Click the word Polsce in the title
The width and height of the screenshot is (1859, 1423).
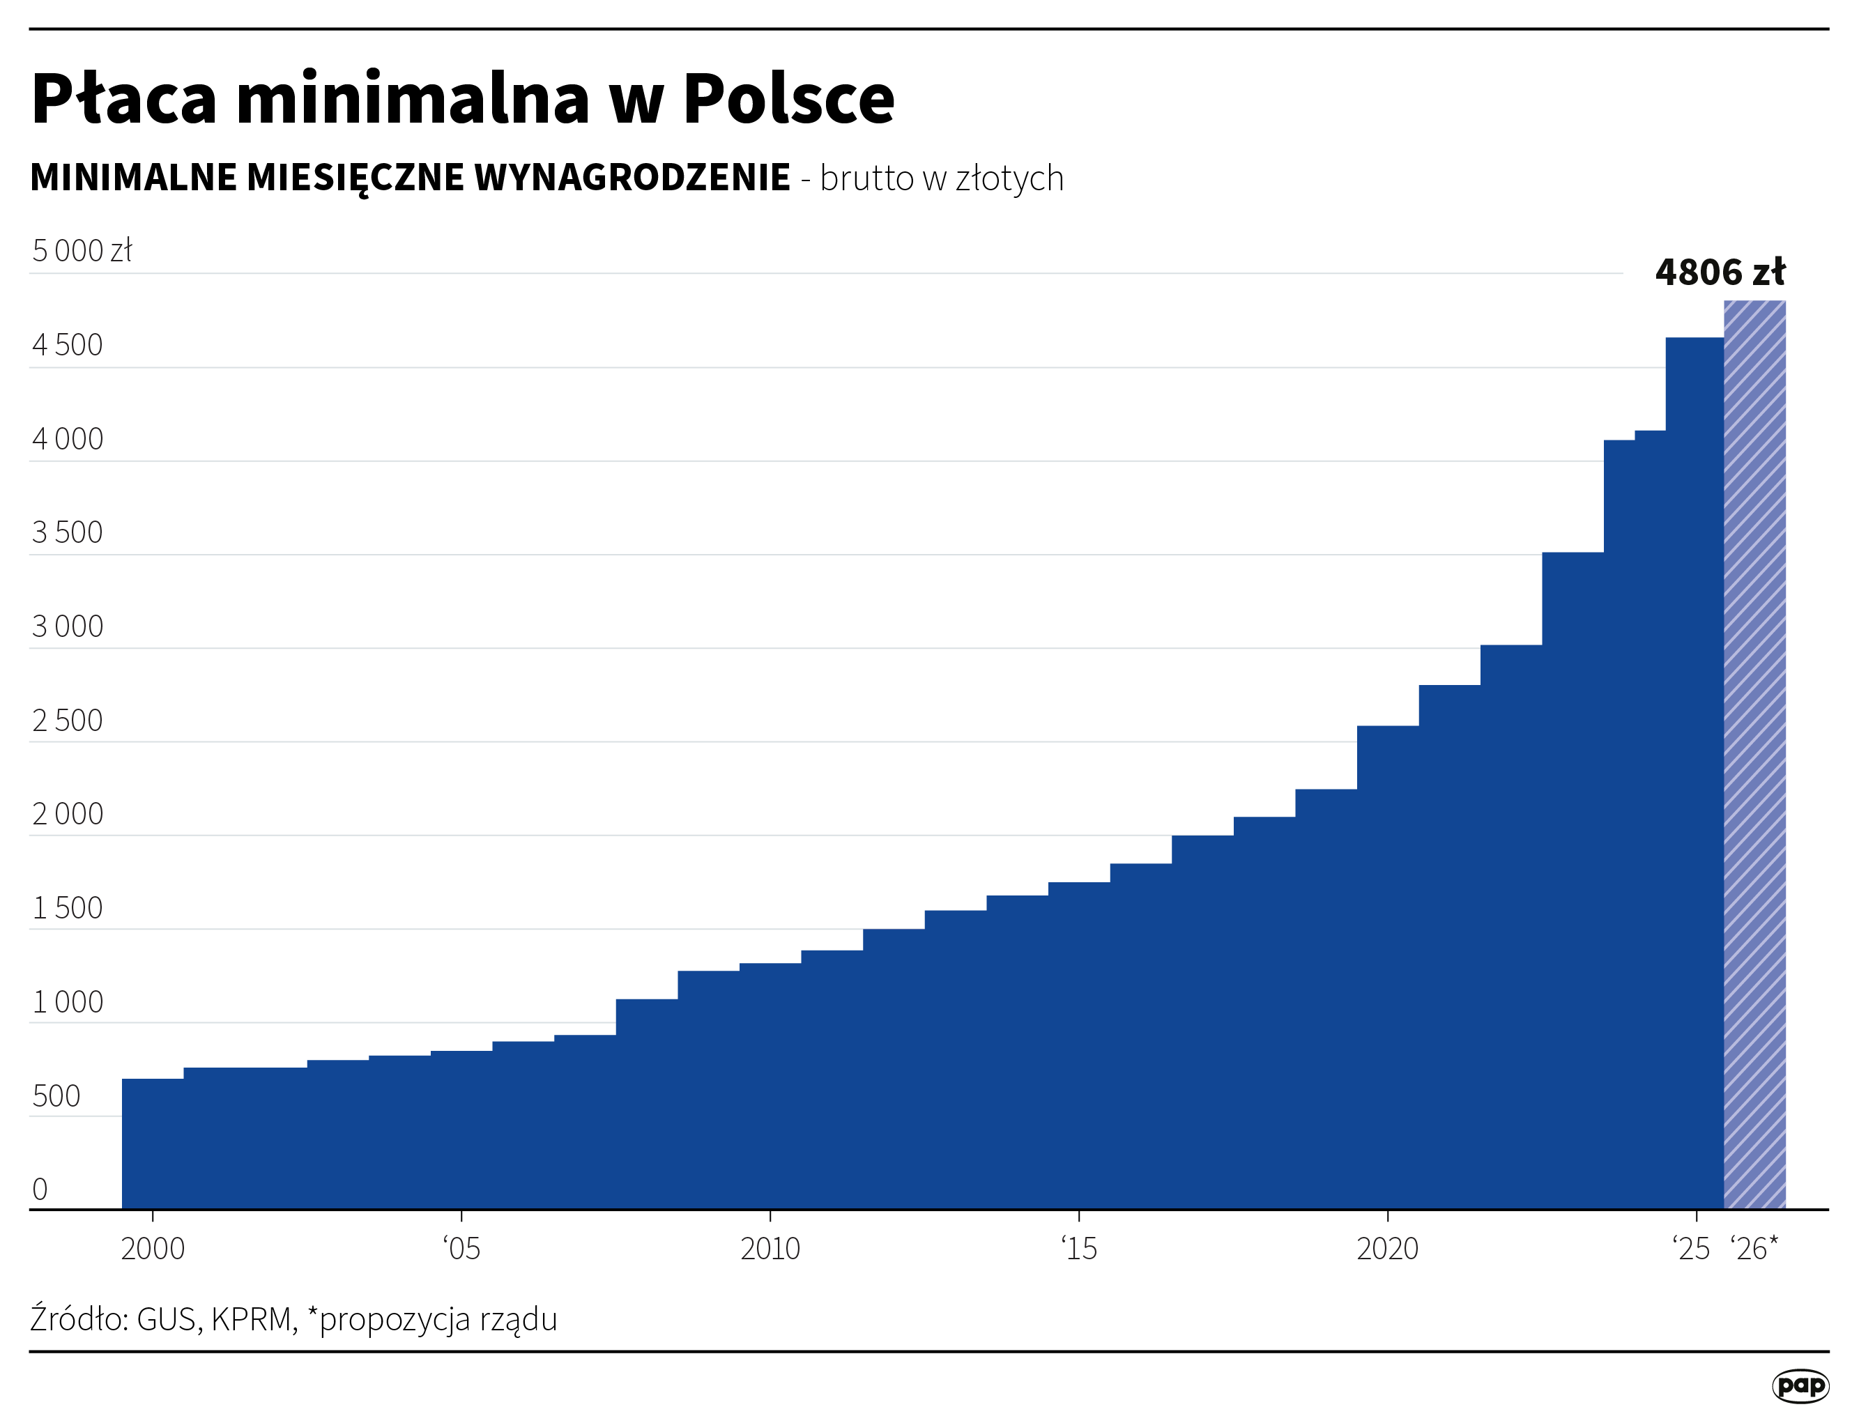[788, 99]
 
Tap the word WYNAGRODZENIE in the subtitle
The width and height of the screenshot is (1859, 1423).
[632, 178]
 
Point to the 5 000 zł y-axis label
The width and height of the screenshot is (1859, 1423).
[82, 252]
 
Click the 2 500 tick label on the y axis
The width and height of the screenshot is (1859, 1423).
[67, 721]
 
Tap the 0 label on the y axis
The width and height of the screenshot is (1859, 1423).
[40, 1190]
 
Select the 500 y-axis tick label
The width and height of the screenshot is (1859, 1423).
[56, 1096]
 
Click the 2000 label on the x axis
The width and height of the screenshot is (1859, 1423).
[153, 1249]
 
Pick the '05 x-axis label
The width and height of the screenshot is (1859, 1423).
[461, 1249]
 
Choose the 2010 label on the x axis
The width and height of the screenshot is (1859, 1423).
[770, 1249]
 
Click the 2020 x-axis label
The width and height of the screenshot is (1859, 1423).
[1387, 1249]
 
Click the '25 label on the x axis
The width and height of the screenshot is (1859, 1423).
[1692, 1249]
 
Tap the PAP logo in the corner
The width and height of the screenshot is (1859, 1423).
[1800, 1387]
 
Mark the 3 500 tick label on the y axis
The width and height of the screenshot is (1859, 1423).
[67, 533]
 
